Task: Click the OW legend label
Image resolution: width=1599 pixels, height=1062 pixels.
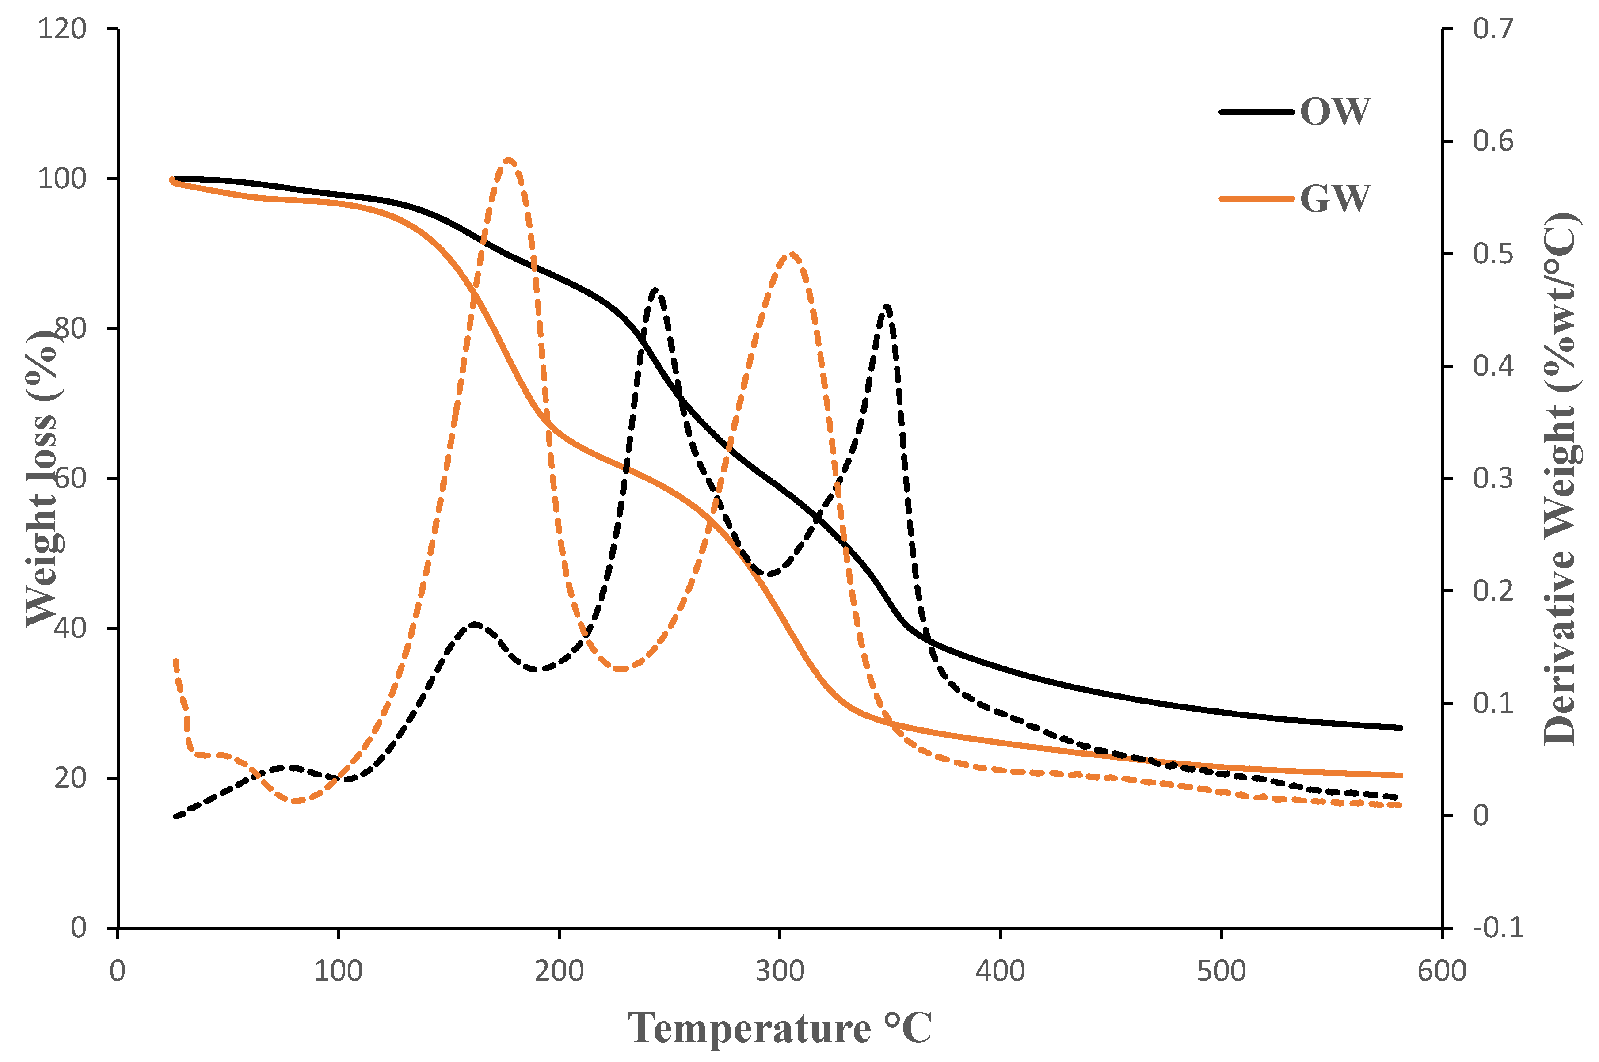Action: point(1334,112)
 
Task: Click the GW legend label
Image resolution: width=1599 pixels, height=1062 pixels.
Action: point(1334,198)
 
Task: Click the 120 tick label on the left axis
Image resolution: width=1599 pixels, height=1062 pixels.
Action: point(62,29)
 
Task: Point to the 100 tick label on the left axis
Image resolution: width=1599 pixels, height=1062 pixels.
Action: point(62,179)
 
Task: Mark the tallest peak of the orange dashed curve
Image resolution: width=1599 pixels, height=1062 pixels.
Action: point(509,160)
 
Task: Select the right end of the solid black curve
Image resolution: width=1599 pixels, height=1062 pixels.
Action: point(1400,727)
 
